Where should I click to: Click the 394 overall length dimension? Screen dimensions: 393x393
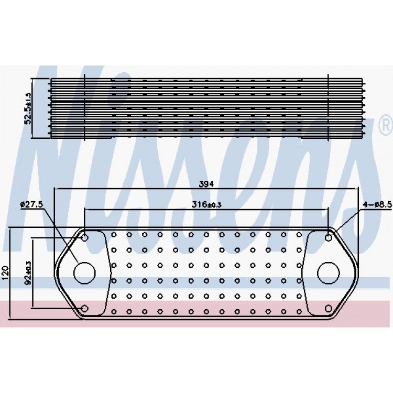pyautogui.click(x=206, y=184)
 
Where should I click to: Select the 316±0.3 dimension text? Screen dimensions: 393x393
pyautogui.click(x=206, y=205)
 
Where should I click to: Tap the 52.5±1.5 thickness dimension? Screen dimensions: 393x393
pyautogui.click(x=28, y=108)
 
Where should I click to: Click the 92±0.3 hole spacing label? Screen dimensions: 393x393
pyautogui.click(x=28, y=273)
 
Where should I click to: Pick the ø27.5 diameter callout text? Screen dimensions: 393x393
pyautogui.click(x=32, y=205)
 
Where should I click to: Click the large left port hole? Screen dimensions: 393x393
pyautogui.click(x=85, y=273)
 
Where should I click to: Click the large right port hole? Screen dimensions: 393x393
pyautogui.click(x=329, y=273)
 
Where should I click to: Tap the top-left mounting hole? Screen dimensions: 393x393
pyautogui.click(x=85, y=237)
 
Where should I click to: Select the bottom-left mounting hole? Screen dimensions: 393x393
pyautogui.click(x=85, y=308)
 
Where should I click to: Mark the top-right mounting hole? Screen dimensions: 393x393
pyautogui.click(x=329, y=237)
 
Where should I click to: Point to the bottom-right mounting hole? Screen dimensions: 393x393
pyautogui.click(x=329, y=308)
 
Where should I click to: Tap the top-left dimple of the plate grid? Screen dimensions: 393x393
pyautogui.click(x=114, y=235)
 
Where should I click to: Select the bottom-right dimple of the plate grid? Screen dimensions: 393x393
pyautogui.click(x=299, y=312)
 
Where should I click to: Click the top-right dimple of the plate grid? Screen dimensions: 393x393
pyautogui.click(x=299, y=235)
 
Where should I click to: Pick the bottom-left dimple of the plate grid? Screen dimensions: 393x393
pyautogui.click(x=114, y=312)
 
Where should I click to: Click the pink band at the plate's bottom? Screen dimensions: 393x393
pyautogui.click(x=196, y=314)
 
